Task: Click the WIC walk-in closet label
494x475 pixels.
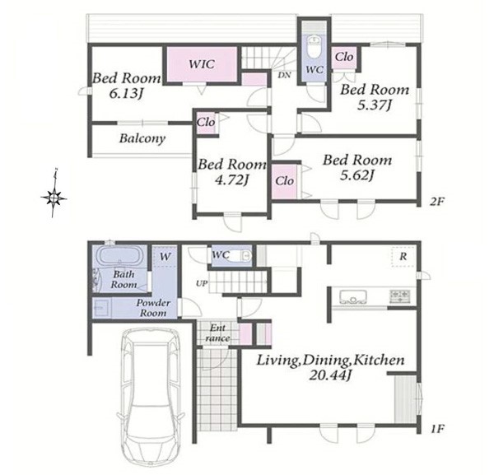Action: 202,64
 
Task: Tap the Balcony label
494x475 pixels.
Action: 142,138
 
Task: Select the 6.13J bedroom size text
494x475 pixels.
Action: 124,93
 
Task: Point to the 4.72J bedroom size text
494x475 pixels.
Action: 231,179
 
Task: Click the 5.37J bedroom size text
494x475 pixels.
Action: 375,105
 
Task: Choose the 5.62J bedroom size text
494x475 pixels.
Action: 357,175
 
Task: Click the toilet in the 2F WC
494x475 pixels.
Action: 315,47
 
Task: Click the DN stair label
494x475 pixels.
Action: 285,75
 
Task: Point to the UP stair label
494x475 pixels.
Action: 202,283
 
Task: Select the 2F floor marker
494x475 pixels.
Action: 436,202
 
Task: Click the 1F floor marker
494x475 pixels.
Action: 437,428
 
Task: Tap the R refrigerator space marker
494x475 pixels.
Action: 403,257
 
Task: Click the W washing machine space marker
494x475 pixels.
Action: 165,257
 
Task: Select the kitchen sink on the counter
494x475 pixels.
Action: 353,296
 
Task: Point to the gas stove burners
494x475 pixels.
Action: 400,296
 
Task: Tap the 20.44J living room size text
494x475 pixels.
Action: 330,375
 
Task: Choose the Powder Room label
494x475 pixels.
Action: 153,308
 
